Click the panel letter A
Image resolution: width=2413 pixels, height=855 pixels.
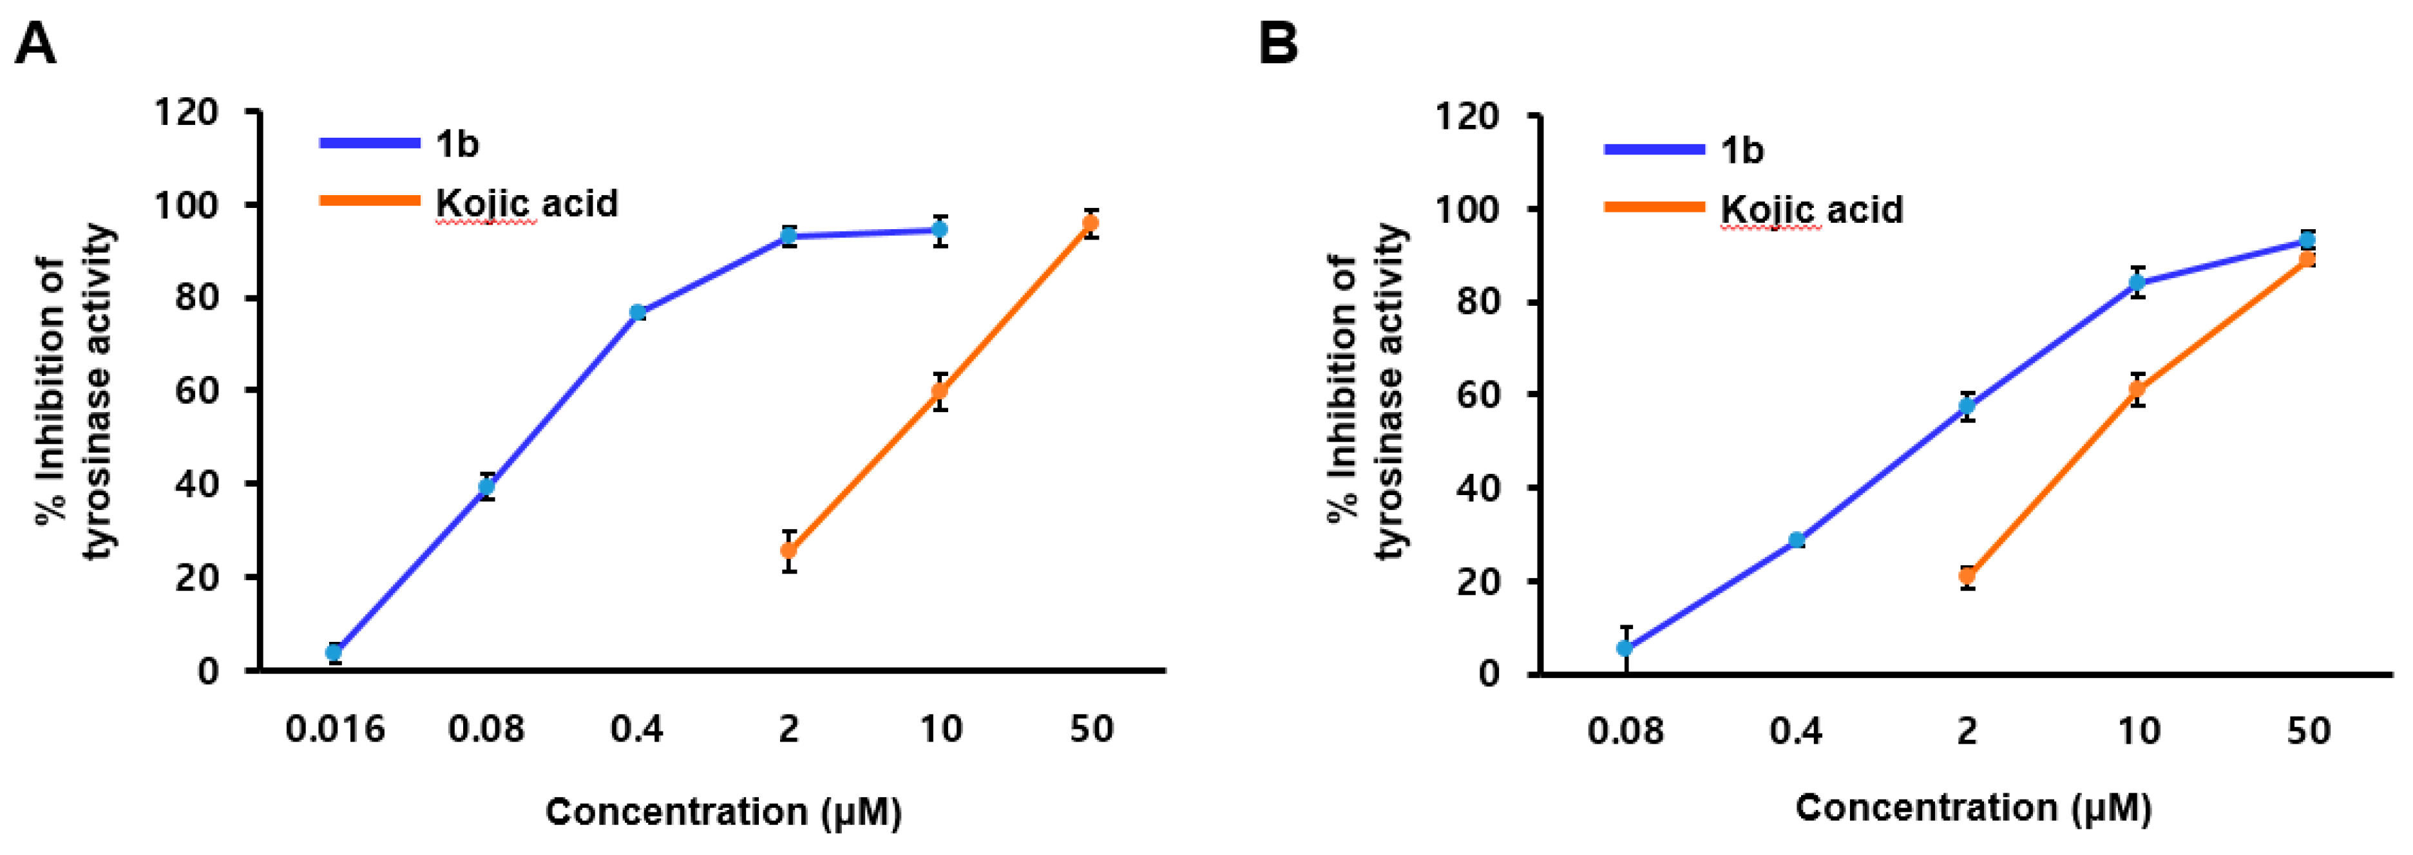point(35,44)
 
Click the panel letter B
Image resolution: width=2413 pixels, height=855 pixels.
point(1278,44)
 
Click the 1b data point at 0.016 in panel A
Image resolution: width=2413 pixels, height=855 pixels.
point(334,652)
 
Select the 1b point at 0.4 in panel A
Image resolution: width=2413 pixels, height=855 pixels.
point(638,313)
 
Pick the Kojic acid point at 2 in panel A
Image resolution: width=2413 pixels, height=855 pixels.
point(790,550)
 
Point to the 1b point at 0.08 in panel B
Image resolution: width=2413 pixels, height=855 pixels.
point(1625,648)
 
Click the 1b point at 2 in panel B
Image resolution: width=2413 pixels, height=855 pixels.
point(1967,406)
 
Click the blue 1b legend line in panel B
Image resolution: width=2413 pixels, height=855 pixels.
point(1654,149)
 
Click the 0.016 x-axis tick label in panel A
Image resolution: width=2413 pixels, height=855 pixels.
point(334,729)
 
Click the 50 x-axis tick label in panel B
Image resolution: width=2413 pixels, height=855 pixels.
point(2308,731)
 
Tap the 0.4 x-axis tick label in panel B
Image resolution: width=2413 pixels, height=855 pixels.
point(1797,731)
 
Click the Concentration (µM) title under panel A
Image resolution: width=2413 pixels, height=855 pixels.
point(723,812)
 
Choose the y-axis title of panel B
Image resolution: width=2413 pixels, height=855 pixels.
point(1368,393)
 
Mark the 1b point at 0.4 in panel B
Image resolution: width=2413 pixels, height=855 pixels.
point(1797,540)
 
